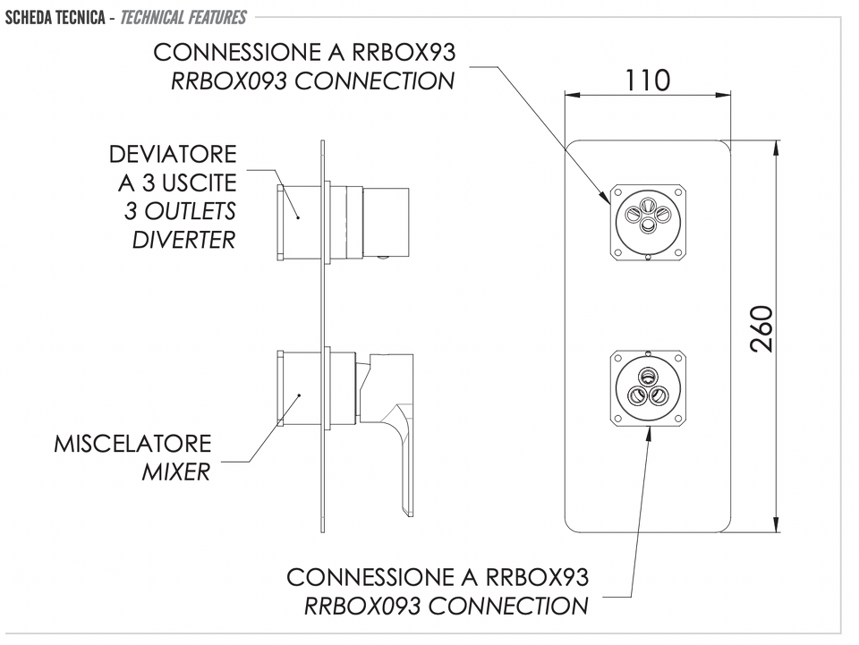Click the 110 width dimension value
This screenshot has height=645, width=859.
tap(647, 80)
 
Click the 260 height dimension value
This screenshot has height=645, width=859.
tap(761, 328)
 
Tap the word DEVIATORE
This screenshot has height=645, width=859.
tap(173, 155)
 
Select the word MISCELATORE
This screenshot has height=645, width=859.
tap(132, 444)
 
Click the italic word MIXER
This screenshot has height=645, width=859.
tap(176, 472)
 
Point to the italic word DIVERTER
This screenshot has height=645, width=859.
tap(184, 240)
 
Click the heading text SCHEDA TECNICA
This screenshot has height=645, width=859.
tap(55, 18)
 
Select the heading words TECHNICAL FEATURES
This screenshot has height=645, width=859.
tap(183, 18)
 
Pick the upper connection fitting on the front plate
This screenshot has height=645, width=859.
tap(648, 221)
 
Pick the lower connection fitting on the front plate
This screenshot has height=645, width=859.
tap(648, 388)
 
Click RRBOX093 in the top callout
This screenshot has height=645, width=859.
tap(229, 81)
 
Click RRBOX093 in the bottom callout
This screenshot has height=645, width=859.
tap(362, 607)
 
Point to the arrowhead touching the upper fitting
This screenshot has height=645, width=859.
tap(606, 198)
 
